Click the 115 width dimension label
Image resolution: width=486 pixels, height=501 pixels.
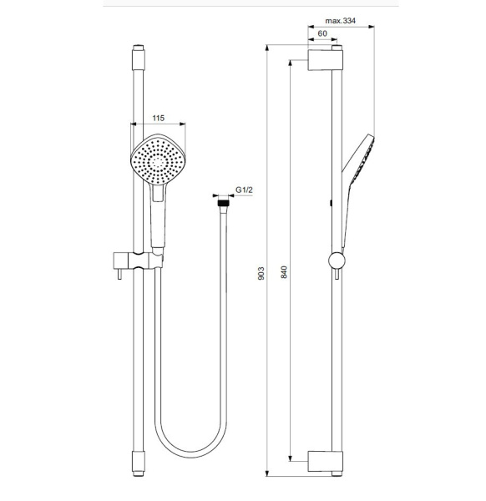click(158, 118)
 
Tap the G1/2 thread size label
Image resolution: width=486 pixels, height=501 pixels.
click(244, 191)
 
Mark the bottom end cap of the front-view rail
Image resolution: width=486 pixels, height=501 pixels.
click(136, 461)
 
